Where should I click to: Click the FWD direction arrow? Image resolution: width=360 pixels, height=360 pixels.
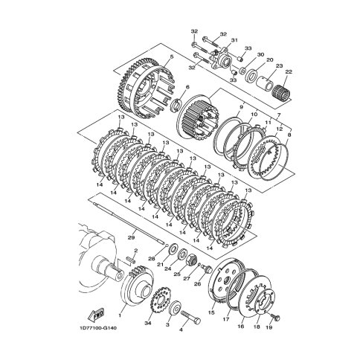pos(96,314)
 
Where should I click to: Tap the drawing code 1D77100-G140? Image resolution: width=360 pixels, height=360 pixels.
pos(98,328)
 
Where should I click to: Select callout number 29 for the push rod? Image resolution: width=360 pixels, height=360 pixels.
pos(131,237)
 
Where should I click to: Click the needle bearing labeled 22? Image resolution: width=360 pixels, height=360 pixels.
pos(282,94)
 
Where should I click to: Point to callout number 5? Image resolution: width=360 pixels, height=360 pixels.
pos(172,57)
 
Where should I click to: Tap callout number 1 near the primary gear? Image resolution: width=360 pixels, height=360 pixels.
pos(120,315)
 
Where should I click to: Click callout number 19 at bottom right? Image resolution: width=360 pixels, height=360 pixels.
pos(269,327)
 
